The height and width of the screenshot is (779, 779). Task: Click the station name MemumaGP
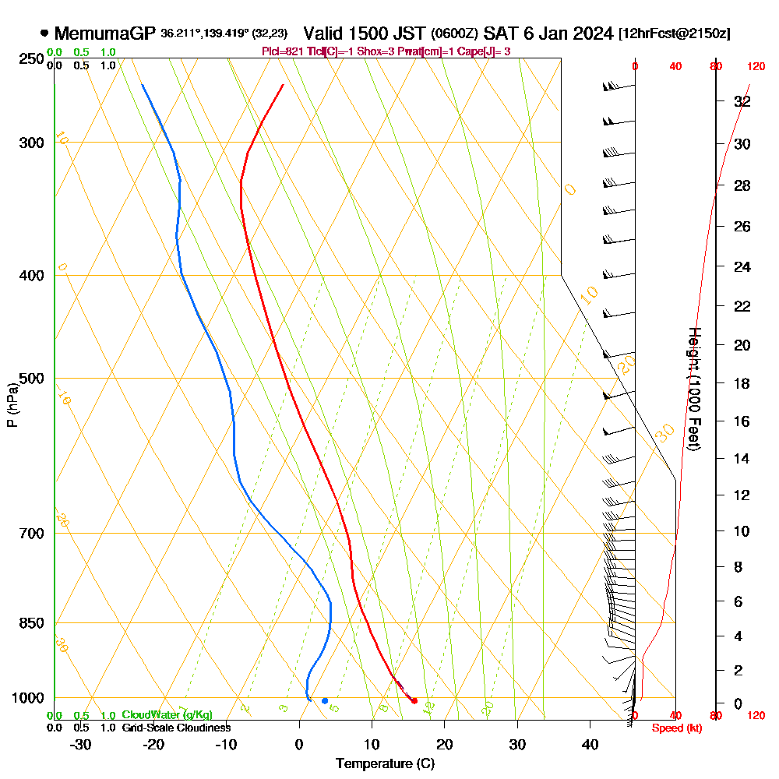coord(105,33)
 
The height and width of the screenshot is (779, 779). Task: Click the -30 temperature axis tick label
coord(80,744)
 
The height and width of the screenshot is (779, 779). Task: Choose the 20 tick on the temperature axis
coord(445,744)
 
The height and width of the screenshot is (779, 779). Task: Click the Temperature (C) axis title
coord(385,764)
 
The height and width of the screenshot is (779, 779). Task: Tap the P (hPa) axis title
coord(12,405)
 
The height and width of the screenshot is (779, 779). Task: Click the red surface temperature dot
coord(414,701)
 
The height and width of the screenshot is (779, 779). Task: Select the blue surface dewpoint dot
coord(325,701)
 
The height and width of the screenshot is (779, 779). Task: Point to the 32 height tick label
coord(742,101)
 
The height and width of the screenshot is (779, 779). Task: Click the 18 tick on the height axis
coord(742,383)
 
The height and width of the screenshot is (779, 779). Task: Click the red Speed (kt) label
coord(673,728)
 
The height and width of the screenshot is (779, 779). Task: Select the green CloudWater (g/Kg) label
coord(167,715)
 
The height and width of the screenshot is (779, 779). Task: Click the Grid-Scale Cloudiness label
coord(175,728)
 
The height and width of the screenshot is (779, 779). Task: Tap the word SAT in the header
coord(499,33)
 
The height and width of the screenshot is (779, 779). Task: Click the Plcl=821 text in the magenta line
coord(286,51)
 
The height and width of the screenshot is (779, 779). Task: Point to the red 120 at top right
coord(755,67)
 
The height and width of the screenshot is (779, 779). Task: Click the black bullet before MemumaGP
coord(44,33)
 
